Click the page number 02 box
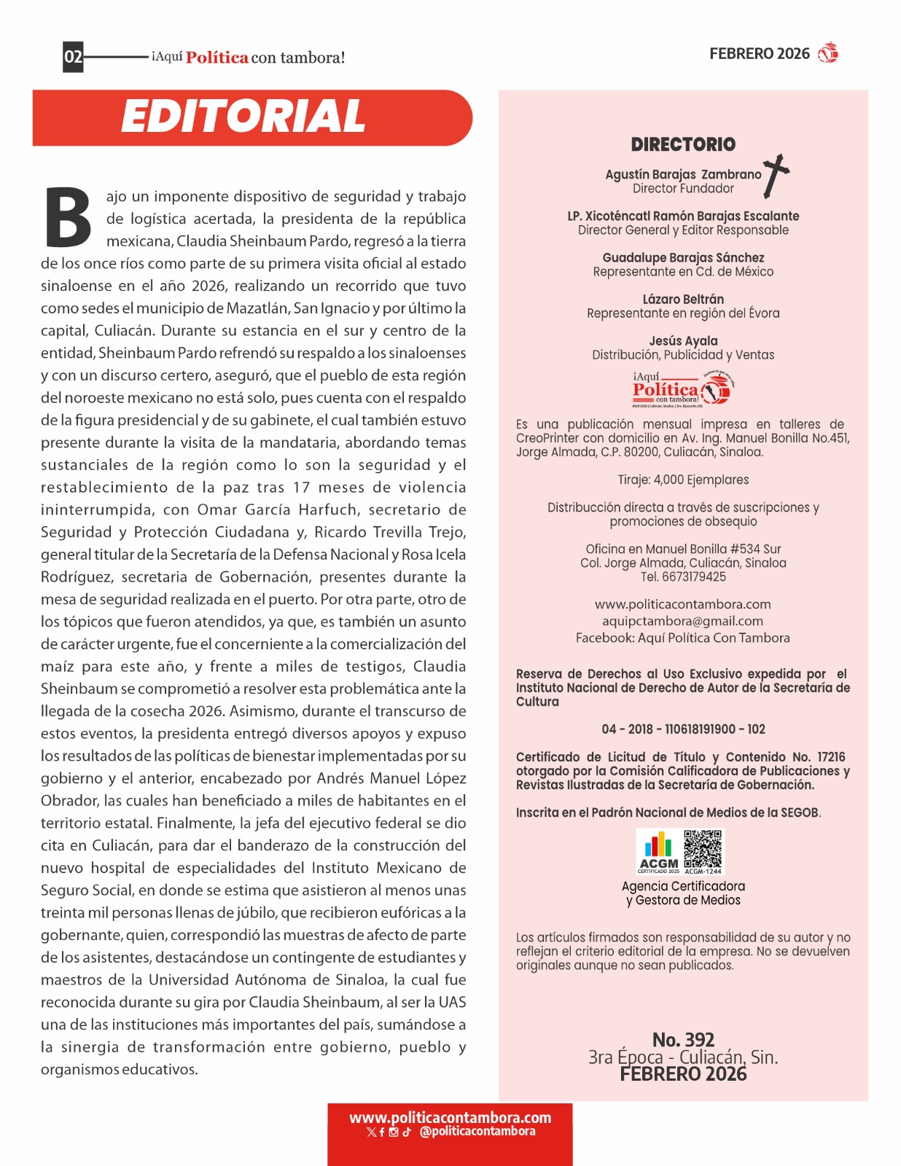[x=73, y=57]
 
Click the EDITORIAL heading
[x=243, y=117]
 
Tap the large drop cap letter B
[x=69, y=218]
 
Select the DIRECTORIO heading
[x=683, y=144]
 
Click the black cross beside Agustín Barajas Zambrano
[x=776, y=175]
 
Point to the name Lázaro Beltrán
[x=683, y=300]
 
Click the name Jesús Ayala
[x=683, y=341]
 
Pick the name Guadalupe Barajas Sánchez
[x=683, y=258]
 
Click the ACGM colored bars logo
[x=659, y=851]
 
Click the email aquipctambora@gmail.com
[x=682, y=621]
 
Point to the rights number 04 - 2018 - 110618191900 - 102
[x=683, y=729]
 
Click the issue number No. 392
[x=683, y=1040]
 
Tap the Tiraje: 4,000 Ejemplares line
[x=683, y=480]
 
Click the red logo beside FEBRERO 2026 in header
[x=828, y=53]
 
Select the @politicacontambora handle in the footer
[x=477, y=1132]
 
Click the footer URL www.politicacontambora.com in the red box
[x=450, y=1117]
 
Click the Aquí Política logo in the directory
[x=682, y=389]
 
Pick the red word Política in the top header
[x=217, y=58]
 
